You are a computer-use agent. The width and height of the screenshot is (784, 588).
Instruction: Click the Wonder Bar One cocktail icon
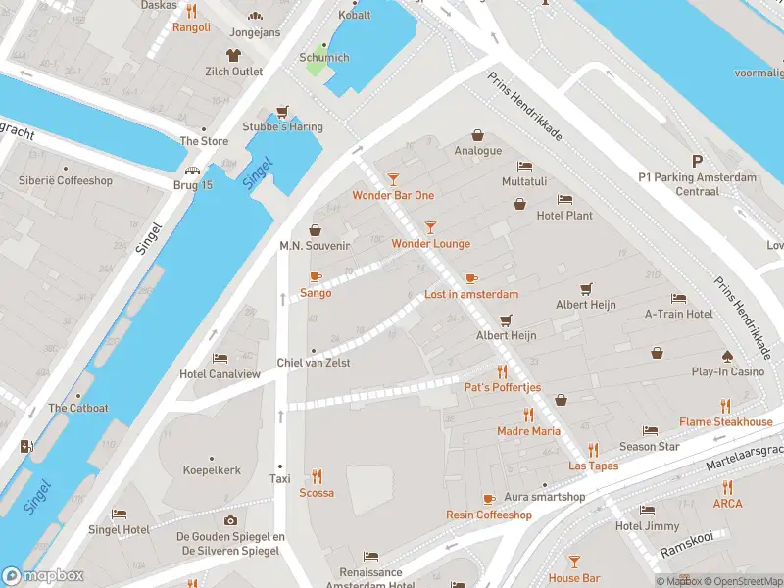click(393, 179)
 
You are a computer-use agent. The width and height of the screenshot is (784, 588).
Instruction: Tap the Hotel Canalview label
click(220, 374)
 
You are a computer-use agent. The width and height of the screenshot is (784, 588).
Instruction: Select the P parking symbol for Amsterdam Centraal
click(698, 161)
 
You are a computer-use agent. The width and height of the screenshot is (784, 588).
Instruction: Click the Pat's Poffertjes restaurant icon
click(502, 371)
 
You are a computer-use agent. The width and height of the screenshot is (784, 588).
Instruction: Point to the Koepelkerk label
click(212, 470)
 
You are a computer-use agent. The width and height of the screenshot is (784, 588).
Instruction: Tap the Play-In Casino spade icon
click(727, 356)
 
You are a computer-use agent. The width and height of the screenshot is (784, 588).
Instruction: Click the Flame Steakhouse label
click(726, 422)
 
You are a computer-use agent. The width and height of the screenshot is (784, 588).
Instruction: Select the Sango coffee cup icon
click(316, 277)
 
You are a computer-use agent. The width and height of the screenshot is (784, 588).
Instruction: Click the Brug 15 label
click(193, 185)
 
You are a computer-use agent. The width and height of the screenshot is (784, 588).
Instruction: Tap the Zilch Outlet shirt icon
click(233, 56)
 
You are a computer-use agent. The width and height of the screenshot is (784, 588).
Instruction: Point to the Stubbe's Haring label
click(282, 127)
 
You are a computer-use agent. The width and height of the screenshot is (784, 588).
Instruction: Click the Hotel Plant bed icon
click(564, 200)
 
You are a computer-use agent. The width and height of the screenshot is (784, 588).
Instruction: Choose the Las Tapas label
click(593, 465)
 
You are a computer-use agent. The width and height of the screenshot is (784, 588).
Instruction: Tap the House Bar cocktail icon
click(574, 562)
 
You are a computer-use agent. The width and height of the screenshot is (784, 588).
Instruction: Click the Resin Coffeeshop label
click(488, 515)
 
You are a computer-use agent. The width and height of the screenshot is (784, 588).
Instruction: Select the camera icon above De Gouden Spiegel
click(230, 520)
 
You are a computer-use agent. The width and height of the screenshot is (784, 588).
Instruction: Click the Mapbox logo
click(41, 577)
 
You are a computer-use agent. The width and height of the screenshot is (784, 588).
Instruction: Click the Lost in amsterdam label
click(471, 294)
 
